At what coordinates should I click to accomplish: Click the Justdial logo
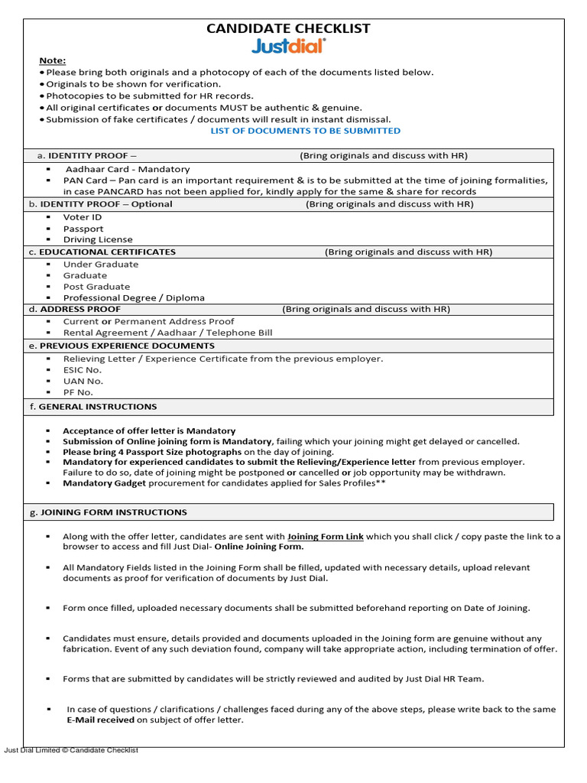[x=288, y=47]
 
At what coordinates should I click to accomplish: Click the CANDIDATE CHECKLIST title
[x=288, y=28]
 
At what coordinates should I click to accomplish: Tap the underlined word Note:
[x=53, y=60]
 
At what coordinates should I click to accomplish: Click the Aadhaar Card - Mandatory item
[x=127, y=169]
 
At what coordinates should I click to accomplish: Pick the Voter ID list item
[x=83, y=217]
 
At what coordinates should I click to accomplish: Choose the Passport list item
[x=83, y=229]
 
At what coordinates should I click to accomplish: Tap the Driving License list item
[x=98, y=239]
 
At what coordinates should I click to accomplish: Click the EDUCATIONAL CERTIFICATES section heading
[x=107, y=252]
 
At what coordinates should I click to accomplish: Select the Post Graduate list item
[x=96, y=287]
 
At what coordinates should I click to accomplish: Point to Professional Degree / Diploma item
[x=134, y=298]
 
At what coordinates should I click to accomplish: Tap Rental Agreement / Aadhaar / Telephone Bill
[x=167, y=333]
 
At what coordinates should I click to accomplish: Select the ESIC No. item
[x=83, y=369]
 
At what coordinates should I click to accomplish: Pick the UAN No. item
[x=83, y=381]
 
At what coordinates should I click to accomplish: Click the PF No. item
[x=78, y=392]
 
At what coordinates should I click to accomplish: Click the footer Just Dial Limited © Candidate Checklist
[x=71, y=751]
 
